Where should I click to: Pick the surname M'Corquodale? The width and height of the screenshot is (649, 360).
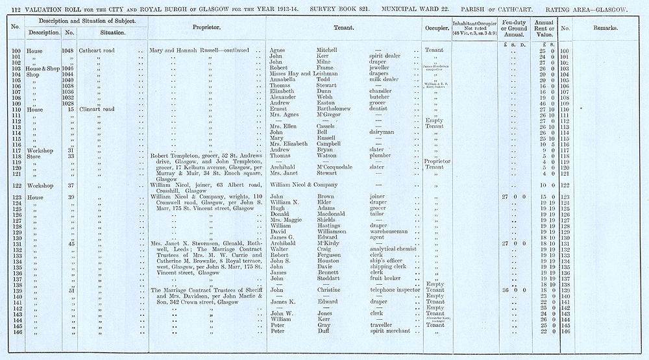[x=338, y=167]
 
